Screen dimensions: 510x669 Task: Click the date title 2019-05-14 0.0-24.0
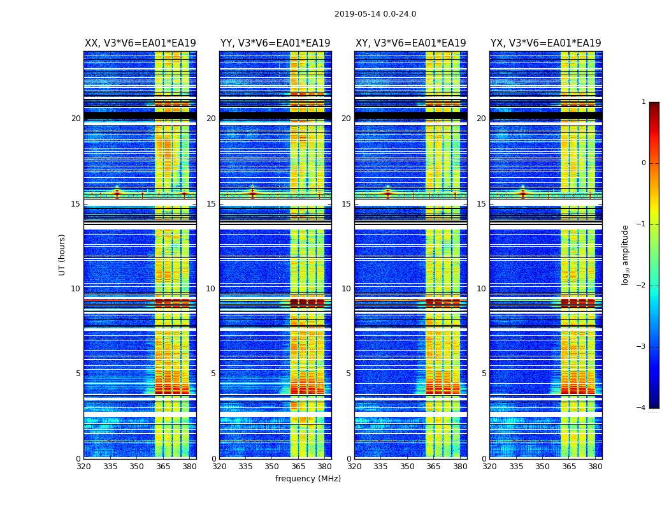point(375,14)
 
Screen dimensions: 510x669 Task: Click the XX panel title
point(140,43)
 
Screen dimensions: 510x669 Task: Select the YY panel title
point(275,43)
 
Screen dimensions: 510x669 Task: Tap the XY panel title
point(411,43)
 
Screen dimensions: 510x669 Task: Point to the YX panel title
point(546,43)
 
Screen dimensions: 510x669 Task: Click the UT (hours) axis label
point(62,254)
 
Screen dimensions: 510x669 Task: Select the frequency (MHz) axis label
point(308,479)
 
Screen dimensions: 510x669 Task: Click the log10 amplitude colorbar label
point(626,254)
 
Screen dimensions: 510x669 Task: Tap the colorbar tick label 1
point(644,102)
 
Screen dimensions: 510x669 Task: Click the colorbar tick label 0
point(644,163)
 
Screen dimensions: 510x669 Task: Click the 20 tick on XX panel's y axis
point(76,119)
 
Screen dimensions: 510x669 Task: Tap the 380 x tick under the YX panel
point(595,467)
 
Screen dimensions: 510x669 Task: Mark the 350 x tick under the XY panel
point(407,467)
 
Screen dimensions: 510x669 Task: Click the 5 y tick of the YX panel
point(484,374)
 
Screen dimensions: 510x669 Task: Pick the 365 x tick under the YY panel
point(298,467)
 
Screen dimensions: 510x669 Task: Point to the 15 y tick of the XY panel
point(346,204)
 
